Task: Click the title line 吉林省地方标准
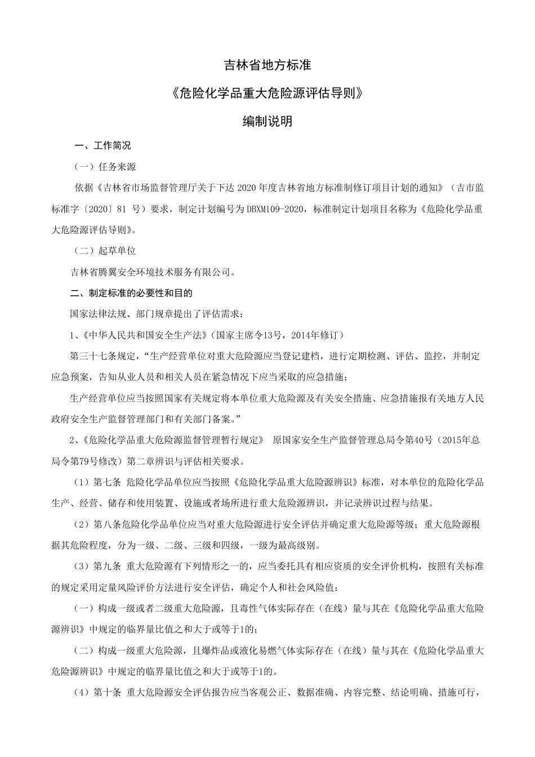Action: click(x=267, y=65)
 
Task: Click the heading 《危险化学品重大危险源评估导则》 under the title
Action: click(x=267, y=93)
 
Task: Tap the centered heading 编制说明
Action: click(x=267, y=121)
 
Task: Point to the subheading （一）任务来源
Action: click(x=105, y=167)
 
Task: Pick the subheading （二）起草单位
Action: click(x=105, y=251)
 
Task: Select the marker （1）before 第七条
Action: click(x=82, y=483)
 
